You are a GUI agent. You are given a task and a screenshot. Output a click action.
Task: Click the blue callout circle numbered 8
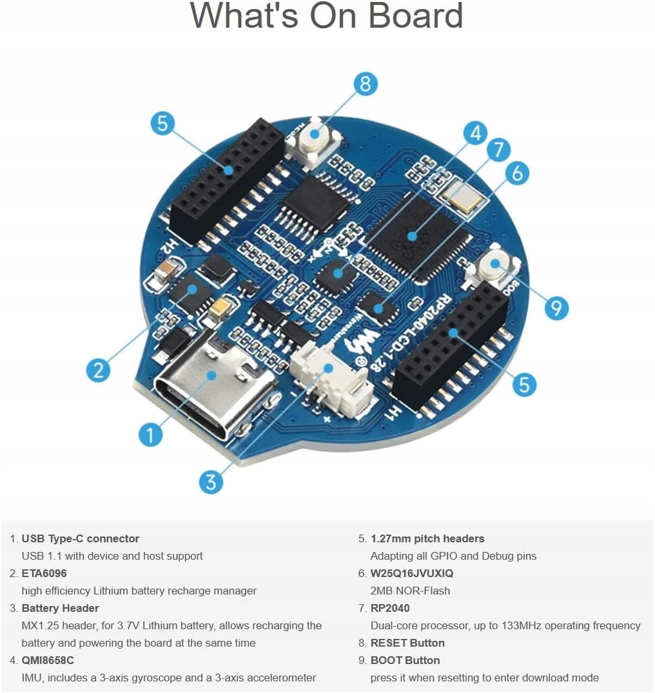[366, 84]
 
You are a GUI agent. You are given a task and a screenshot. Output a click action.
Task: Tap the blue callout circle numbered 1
[151, 435]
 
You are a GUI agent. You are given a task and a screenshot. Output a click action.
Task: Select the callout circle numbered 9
[556, 308]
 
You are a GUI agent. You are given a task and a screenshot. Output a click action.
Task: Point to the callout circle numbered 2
[98, 370]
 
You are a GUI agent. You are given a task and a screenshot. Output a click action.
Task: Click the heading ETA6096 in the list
[44, 573]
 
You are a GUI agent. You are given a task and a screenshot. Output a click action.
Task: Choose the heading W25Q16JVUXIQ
[411, 573]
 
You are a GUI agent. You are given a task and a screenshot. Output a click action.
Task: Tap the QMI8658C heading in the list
[48, 660]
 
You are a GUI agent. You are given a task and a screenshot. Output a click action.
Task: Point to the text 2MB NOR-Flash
[410, 591]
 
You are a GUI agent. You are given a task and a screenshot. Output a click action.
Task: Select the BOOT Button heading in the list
[405, 660]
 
